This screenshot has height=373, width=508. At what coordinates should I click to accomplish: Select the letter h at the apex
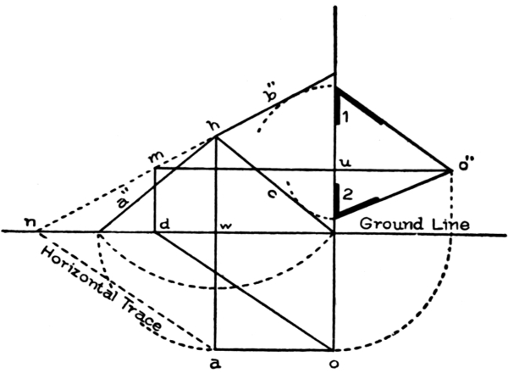214,125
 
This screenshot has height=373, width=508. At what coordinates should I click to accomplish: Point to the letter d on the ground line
165,225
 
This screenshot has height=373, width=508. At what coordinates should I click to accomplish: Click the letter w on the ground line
226,225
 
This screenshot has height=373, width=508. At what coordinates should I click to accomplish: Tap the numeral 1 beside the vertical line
345,117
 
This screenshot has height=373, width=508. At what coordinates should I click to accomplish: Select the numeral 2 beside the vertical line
346,194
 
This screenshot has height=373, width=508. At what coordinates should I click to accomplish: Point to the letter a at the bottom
215,364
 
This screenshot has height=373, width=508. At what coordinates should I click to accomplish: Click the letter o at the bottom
334,364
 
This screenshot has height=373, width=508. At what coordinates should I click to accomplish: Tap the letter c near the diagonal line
272,193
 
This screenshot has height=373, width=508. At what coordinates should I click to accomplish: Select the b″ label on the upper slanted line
271,94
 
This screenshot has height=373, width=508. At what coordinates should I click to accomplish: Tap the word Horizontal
80,274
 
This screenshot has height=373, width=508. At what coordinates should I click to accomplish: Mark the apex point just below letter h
215,137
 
